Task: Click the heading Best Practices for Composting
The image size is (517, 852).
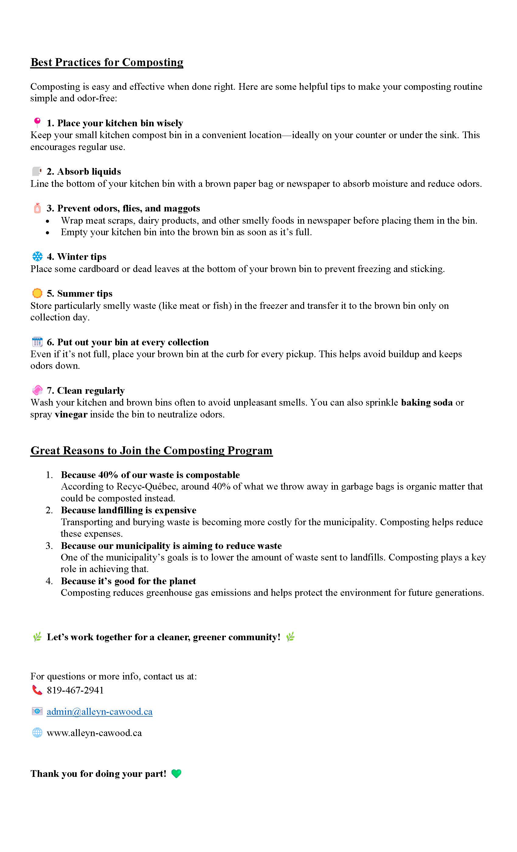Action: (107, 62)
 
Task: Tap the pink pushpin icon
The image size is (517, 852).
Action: (37, 122)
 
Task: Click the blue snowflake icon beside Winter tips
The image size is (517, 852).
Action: (37, 256)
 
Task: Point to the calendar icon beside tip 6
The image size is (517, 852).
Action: (37, 342)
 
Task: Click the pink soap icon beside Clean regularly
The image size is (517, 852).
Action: (37, 390)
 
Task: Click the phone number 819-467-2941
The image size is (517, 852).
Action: (75, 690)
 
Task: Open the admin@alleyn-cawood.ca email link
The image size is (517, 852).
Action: (99, 712)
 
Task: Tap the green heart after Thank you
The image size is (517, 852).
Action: (176, 773)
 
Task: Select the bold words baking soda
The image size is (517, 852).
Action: (426, 403)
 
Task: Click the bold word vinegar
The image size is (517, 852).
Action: (71, 414)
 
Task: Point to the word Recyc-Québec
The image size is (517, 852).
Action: (147, 487)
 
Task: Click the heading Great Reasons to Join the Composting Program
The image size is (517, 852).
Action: (151, 451)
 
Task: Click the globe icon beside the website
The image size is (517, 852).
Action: (37, 733)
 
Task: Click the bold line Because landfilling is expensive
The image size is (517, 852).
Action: (129, 510)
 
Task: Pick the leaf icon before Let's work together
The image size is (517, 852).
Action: (37, 637)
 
